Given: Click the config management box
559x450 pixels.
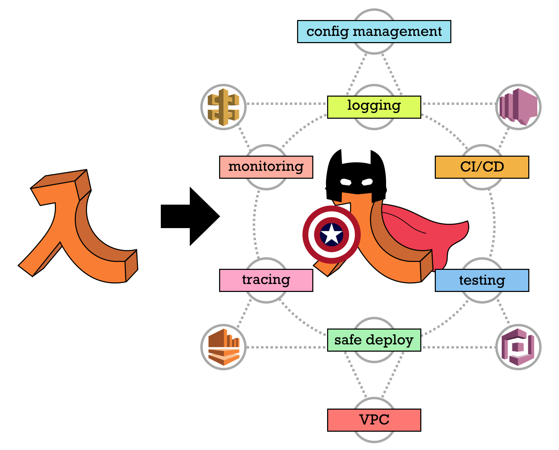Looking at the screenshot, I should click(x=374, y=31).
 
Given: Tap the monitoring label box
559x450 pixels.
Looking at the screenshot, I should click(x=266, y=167).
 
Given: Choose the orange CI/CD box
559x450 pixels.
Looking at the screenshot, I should click(x=482, y=167).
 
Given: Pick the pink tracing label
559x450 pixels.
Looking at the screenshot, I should click(x=266, y=280).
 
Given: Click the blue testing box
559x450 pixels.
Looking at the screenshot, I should click(x=482, y=280).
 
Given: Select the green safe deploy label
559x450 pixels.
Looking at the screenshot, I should click(x=374, y=340).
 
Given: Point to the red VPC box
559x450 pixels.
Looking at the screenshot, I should click(x=374, y=420).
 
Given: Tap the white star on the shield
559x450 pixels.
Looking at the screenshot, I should click(x=331, y=234).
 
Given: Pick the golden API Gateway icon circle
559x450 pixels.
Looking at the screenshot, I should click(x=224, y=107).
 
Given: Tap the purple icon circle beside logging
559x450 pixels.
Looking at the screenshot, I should click(x=518, y=107).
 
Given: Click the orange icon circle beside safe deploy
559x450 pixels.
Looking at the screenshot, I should click(x=224, y=347).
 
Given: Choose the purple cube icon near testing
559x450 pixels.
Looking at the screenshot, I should click(x=518, y=347).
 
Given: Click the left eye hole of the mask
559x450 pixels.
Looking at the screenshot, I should click(x=345, y=182).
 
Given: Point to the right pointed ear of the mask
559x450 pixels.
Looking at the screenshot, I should click(x=377, y=159).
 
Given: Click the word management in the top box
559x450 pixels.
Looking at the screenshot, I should click(x=397, y=31).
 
